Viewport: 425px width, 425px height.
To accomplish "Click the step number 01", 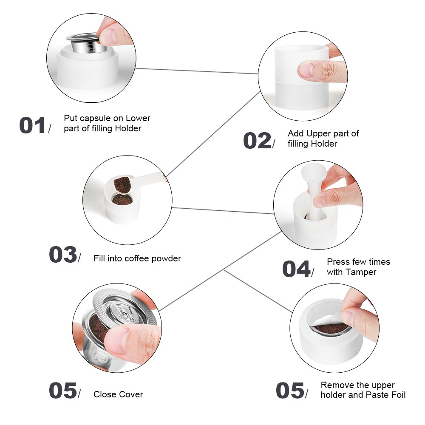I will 32,126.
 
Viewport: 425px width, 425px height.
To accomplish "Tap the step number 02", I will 257,141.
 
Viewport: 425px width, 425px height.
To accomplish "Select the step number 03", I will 62,255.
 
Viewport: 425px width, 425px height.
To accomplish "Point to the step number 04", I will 296,269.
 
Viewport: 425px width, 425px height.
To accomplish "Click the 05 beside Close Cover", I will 62,391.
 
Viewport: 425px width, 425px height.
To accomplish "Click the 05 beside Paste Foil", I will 290,391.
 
